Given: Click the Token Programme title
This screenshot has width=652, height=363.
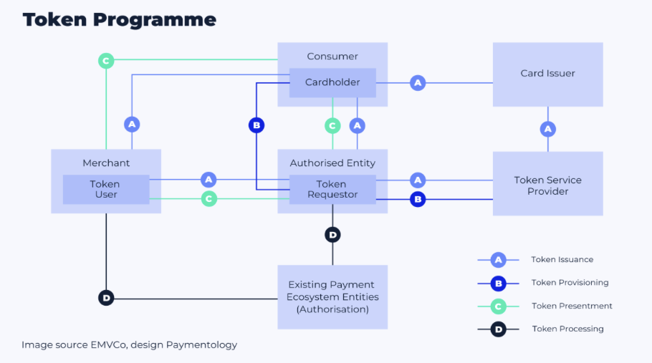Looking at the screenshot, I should pyautogui.click(x=119, y=19).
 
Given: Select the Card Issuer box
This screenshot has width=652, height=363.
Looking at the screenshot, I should pyautogui.click(x=547, y=74).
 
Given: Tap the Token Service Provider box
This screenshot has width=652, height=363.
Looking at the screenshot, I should pyautogui.click(x=547, y=185).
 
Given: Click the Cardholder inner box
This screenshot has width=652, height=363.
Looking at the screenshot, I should pyautogui.click(x=332, y=82).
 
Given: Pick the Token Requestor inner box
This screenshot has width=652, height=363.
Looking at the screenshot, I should pyautogui.click(x=332, y=189).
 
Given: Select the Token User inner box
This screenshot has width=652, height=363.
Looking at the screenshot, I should pyautogui.click(x=105, y=189).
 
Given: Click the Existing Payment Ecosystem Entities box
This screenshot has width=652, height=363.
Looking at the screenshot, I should pyautogui.click(x=332, y=297).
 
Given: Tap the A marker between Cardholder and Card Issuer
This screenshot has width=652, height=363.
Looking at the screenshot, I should pyautogui.click(x=418, y=83).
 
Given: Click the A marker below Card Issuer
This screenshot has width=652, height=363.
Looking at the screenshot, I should pyautogui.click(x=548, y=129).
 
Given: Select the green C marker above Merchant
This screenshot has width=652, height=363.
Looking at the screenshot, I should pyautogui.click(x=106, y=61).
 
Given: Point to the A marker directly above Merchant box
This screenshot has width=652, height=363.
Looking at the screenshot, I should pyautogui.click(x=131, y=125).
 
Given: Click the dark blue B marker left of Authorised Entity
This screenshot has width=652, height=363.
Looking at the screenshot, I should pyautogui.click(x=257, y=125).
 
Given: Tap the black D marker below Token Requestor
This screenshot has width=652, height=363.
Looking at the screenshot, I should pyautogui.click(x=332, y=234).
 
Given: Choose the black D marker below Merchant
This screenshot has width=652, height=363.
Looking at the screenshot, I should pyautogui.click(x=106, y=297).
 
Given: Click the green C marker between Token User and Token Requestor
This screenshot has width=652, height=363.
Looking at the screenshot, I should pyautogui.click(x=208, y=199).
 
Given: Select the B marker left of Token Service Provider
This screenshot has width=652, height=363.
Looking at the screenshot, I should pyautogui.click(x=418, y=199).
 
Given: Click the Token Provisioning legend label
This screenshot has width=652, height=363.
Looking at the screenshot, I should pyautogui.click(x=570, y=283).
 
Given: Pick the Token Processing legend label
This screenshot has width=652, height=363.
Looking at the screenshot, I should pyautogui.click(x=567, y=329).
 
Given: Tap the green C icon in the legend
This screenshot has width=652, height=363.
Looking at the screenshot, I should pyautogui.click(x=498, y=306).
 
